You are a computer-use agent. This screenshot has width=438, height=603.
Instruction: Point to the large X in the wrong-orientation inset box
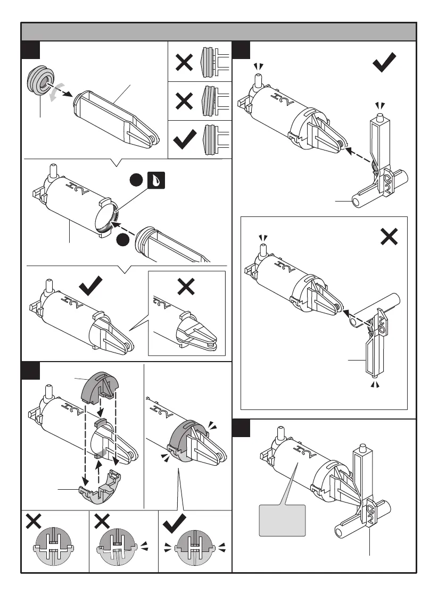click(389, 236)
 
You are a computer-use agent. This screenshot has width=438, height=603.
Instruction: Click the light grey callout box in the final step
click(282, 520)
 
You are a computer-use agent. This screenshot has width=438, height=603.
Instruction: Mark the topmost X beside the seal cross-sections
click(184, 63)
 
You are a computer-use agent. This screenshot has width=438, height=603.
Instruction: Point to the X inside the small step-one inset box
click(186, 287)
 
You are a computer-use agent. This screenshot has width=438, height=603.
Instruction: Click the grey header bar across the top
click(218, 32)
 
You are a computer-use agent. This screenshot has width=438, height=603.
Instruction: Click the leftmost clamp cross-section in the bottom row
click(54, 547)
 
